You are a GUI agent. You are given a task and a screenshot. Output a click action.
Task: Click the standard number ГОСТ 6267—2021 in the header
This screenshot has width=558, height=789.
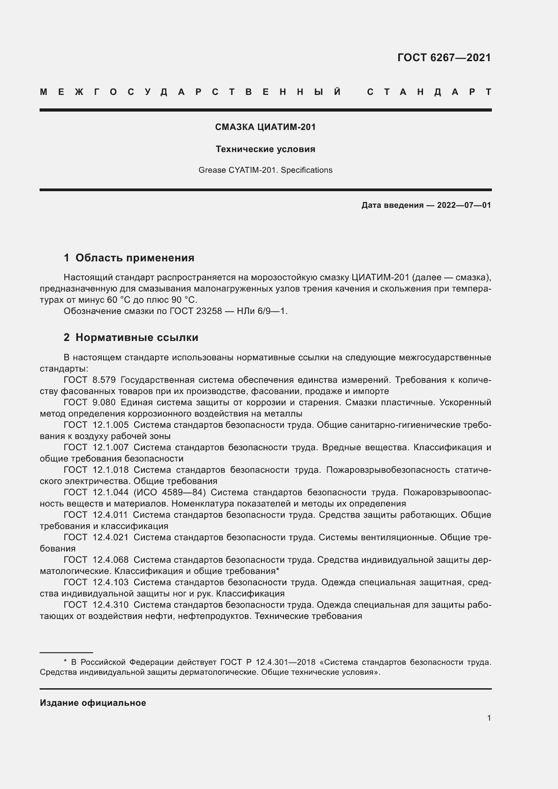(444, 58)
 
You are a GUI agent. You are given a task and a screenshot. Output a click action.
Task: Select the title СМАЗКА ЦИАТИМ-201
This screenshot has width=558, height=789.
(265, 127)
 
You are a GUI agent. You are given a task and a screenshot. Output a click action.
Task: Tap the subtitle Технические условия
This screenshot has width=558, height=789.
(265, 149)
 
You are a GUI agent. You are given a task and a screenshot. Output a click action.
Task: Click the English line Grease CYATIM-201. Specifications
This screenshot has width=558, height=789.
(265, 170)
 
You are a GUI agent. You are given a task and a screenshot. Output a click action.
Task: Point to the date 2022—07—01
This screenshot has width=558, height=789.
(464, 206)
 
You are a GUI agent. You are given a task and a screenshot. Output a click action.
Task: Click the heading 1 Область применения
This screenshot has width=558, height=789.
(129, 258)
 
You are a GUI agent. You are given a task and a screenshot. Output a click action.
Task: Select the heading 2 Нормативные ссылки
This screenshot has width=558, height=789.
(131, 337)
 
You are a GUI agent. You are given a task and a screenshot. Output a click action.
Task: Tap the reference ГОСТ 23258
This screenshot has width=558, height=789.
(196, 311)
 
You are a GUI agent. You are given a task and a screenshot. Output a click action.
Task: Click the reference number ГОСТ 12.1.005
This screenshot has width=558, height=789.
(96, 425)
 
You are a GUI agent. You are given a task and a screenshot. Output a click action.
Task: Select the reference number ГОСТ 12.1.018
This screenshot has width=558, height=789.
(96, 470)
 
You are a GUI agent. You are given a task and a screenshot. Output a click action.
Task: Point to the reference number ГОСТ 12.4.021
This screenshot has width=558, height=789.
(96, 538)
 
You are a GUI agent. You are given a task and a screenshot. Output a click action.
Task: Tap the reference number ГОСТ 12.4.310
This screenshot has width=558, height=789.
(96, 605)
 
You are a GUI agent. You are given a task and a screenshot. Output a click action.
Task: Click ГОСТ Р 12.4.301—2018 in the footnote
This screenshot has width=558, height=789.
(268, 662)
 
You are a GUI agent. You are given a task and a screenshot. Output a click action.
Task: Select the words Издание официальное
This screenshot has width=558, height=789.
(93, 703)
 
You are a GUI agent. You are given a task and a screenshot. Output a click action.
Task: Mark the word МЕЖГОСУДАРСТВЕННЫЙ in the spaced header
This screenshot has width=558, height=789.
(190, 92)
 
